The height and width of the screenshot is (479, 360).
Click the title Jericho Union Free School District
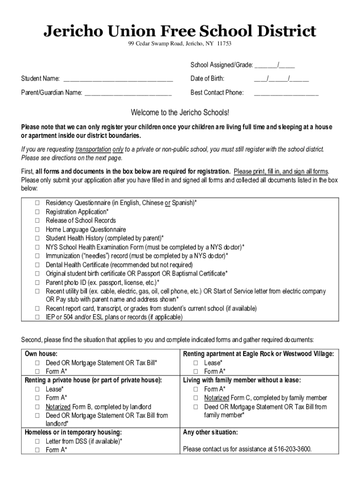pos(180,31)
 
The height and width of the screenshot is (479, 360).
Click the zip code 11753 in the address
pos(223,44)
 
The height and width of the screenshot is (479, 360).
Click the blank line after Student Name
pos(118,79)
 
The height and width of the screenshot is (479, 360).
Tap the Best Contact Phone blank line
pos(286,93)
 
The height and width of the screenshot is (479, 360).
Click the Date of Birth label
pos(207,78)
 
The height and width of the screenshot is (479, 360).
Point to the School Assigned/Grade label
pos(221,65)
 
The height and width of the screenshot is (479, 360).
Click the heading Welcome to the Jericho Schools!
pos(180,112)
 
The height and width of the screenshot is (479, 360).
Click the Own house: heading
pos(41,354)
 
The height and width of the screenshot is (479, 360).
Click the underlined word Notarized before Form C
pos(216,398)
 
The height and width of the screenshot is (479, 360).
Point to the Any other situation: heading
pos(210,432)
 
